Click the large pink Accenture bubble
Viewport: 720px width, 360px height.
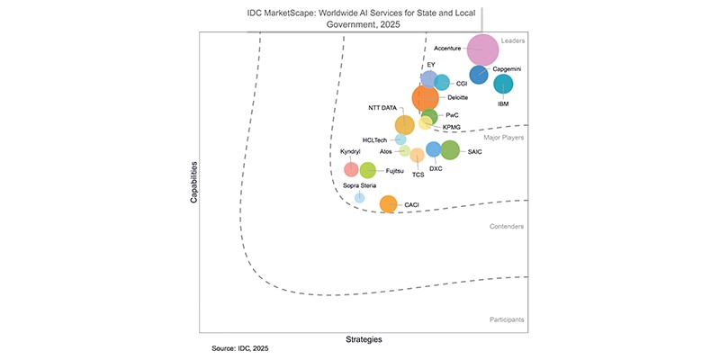click(x=482, y=50)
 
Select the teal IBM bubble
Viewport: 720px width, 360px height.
click(x=503, y=85)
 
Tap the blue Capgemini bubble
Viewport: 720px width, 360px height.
click(x=479, y=76)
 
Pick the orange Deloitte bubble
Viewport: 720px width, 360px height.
click(x=427, y=98)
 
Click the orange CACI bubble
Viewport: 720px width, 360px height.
click(x=388, y=204)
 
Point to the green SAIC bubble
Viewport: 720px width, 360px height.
click(x=449, y=150)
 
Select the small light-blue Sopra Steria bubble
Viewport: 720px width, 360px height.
click(x=359, y=197)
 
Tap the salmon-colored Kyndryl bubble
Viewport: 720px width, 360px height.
click(x=351, y=168)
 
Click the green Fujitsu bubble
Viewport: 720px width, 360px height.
click(x=367, y=169)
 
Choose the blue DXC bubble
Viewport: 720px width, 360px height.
click(x=433, y=149)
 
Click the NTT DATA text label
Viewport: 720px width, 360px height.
click(x=382, y=107)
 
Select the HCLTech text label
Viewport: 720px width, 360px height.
click(x=374, y=140)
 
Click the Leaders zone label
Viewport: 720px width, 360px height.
click(x=514, y=40)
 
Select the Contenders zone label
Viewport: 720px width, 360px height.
click(x=507, y=227)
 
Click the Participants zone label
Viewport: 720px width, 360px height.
click(x=507, y=319)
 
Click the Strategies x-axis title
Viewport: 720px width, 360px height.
click(x=364, y=339)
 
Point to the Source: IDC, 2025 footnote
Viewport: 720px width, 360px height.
click(x=240, y=347)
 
